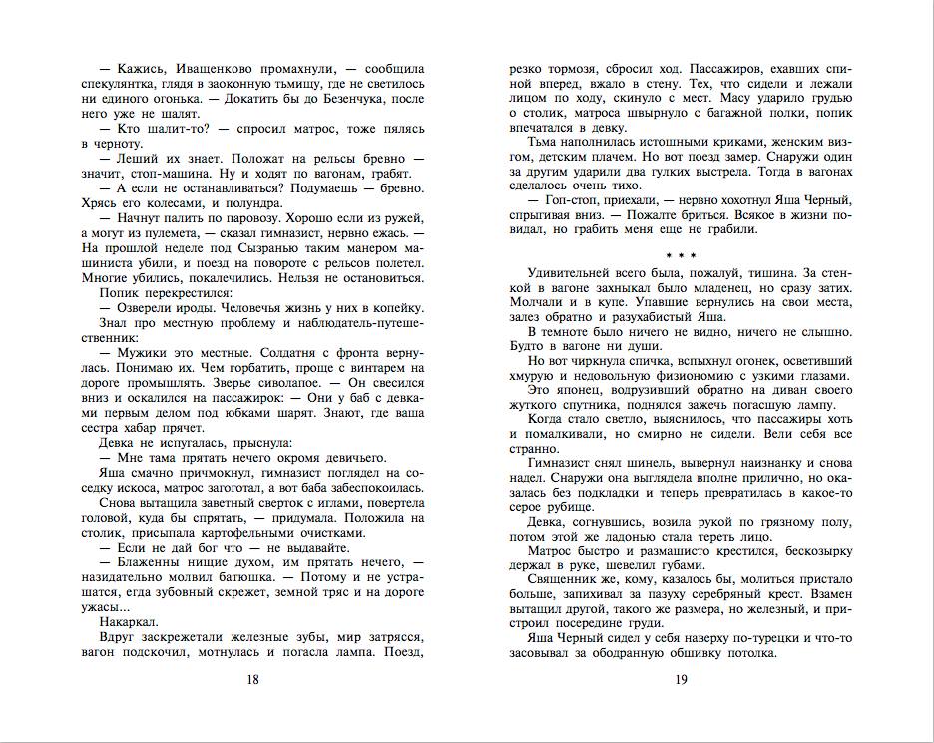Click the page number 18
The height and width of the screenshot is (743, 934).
253,679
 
